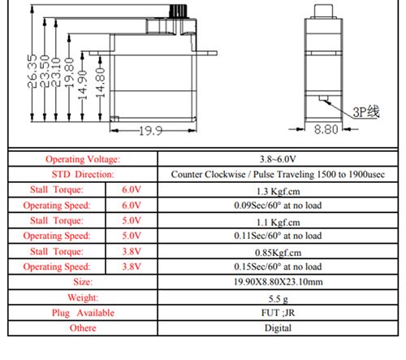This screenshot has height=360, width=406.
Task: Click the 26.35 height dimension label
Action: pyautogui.click(x=32, y=71)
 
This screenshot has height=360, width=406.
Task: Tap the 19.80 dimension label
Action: pyautogui.click(x=69, y=72)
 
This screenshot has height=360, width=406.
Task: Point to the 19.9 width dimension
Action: pyautogui.click(x=151, y=131)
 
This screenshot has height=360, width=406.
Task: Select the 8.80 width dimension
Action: pyautogui.click(x=326, y=129)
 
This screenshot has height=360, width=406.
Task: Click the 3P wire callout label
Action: pyautogui.click(x=366, y=112)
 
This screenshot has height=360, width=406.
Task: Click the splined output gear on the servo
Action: pyautogui.click(x=178, y=11)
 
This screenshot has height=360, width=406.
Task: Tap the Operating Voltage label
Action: pyautogui.click(x=83, y=159)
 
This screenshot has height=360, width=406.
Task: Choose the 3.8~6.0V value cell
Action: pyautogui.click(x=278, y=159)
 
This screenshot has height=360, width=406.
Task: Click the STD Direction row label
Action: pyautogui.click(x=83, y=174)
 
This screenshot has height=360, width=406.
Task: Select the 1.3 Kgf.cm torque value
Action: pyautogui.click(x=279, y=192)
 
